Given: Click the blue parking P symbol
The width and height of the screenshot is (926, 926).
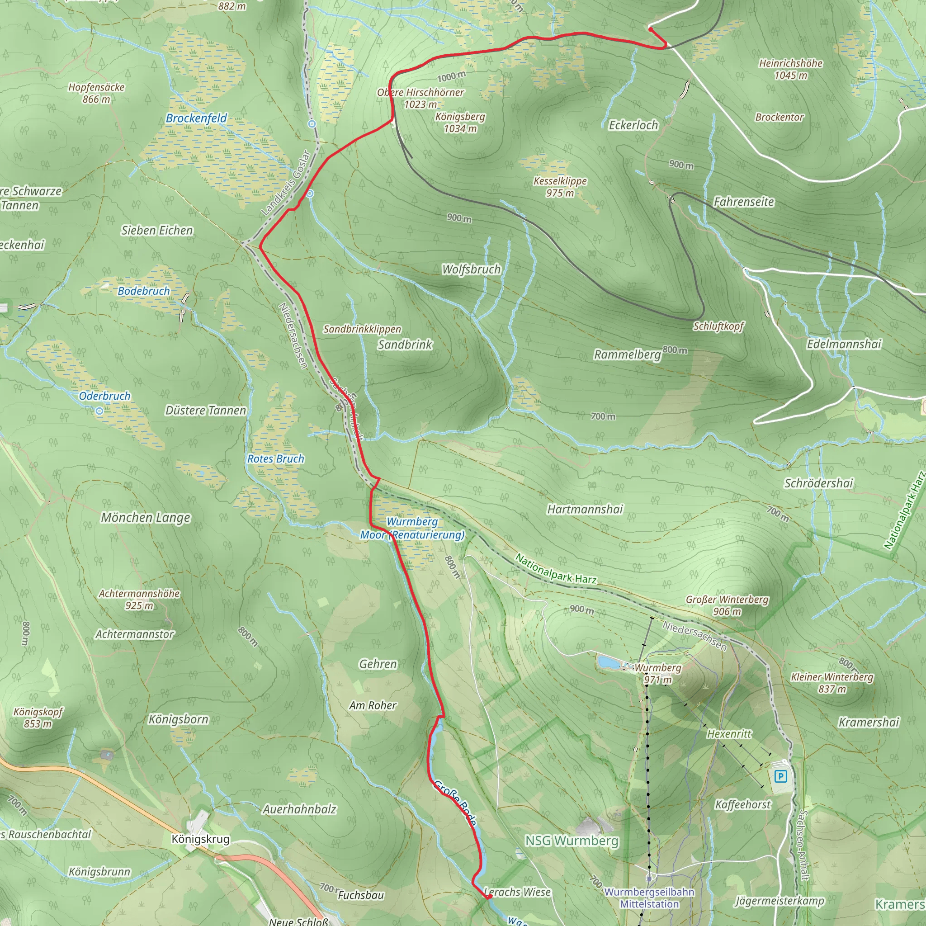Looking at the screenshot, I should (781, 776).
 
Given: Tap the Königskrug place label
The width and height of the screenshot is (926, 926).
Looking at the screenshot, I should (200, 839).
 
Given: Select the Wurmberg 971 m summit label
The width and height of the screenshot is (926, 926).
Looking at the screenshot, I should (657, 673).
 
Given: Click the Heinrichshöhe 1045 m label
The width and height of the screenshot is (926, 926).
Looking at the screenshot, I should (790, 69).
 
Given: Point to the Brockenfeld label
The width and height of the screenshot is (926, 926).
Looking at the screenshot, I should (196, 118).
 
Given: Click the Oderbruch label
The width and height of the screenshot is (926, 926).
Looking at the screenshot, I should (104, 396).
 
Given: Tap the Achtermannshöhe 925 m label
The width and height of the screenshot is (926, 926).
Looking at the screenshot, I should (139, 599).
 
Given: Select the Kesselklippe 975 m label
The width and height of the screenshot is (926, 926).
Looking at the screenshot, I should (560, 187).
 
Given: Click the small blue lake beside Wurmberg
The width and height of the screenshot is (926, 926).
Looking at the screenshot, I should (608, 662).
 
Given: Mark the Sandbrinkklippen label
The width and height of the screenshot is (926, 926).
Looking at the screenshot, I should (362, 329).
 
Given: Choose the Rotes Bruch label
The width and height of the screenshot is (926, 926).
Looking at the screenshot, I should (276, 458).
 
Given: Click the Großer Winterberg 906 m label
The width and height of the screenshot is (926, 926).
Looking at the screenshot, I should (727, 605).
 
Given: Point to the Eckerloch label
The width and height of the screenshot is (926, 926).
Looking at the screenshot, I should (633, 125).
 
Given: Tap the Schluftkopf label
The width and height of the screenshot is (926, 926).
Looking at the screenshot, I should (718, 326).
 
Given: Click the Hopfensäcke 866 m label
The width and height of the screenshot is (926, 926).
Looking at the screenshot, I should (96, 93).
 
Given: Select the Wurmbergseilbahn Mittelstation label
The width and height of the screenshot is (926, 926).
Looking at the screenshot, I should (649, 898).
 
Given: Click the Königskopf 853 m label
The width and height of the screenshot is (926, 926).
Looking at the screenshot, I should (38, 718).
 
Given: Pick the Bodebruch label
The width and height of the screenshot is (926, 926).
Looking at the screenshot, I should (144, 291).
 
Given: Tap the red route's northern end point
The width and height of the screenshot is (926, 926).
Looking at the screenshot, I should (650, 29).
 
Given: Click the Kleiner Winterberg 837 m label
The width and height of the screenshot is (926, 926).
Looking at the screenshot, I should (832, 682).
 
